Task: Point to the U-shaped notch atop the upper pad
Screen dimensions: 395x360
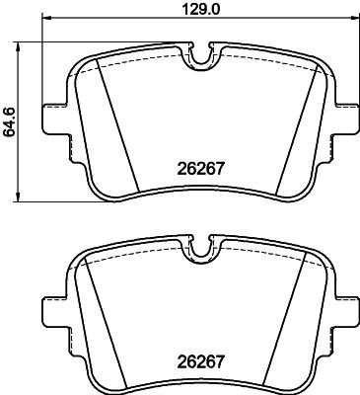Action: (202, 58)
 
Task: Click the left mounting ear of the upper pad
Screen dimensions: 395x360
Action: (51, 118)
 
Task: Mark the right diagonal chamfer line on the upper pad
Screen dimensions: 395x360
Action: (295, 128)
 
